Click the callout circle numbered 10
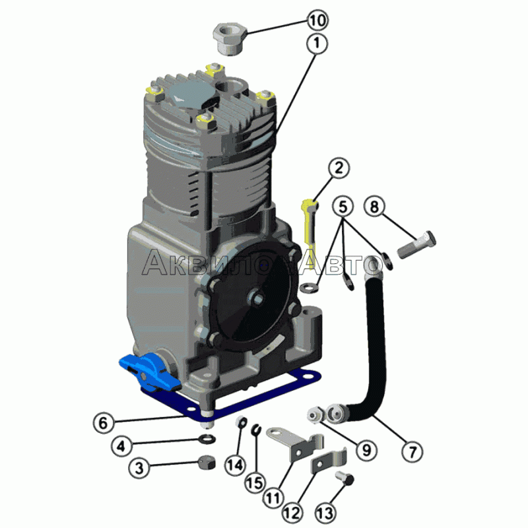317,20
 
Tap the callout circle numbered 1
317,43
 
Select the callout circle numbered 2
339,168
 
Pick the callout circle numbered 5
343,206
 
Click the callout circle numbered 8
374,206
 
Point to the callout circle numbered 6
104,423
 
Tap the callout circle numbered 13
325,513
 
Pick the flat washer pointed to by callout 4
207,439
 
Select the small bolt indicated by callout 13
345,478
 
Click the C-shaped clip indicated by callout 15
257,430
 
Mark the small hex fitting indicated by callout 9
315,414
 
